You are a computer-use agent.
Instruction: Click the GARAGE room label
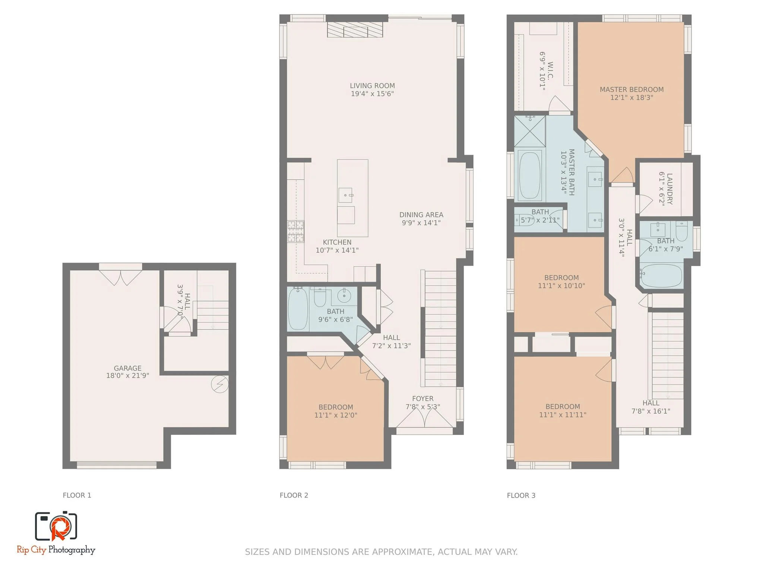pos(127,368)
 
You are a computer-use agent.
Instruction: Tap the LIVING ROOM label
pos(372,86)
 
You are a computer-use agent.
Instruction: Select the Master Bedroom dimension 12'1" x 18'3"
pos(631,98)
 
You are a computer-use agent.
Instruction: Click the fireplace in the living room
pos(355,29)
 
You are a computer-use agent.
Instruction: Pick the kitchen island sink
pos(345,195)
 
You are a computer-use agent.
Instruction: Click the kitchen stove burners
pos(295,232)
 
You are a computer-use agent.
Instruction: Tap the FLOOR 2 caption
pos(294,495)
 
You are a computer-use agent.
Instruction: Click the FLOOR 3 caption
pos(521,495)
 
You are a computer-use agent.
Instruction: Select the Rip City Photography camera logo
pos(56,526)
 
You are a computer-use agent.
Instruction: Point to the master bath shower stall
pos(529,131)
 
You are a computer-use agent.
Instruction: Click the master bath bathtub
pos(530,175)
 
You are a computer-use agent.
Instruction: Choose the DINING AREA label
pos(421,215)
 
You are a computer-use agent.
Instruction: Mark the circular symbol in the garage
pos(219,384)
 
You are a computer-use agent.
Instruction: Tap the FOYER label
pos(422,399)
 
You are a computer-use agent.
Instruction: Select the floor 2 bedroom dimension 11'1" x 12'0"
pos(336,415)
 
